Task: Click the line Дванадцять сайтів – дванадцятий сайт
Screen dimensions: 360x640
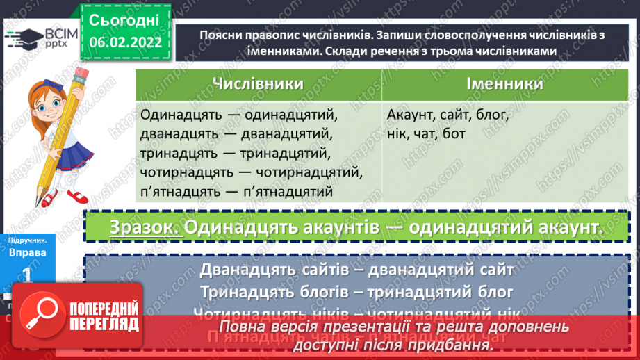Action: [356, 269]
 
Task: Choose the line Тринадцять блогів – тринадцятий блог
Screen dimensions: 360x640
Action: [356, 291]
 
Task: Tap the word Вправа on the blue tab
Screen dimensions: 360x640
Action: [28, 253]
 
